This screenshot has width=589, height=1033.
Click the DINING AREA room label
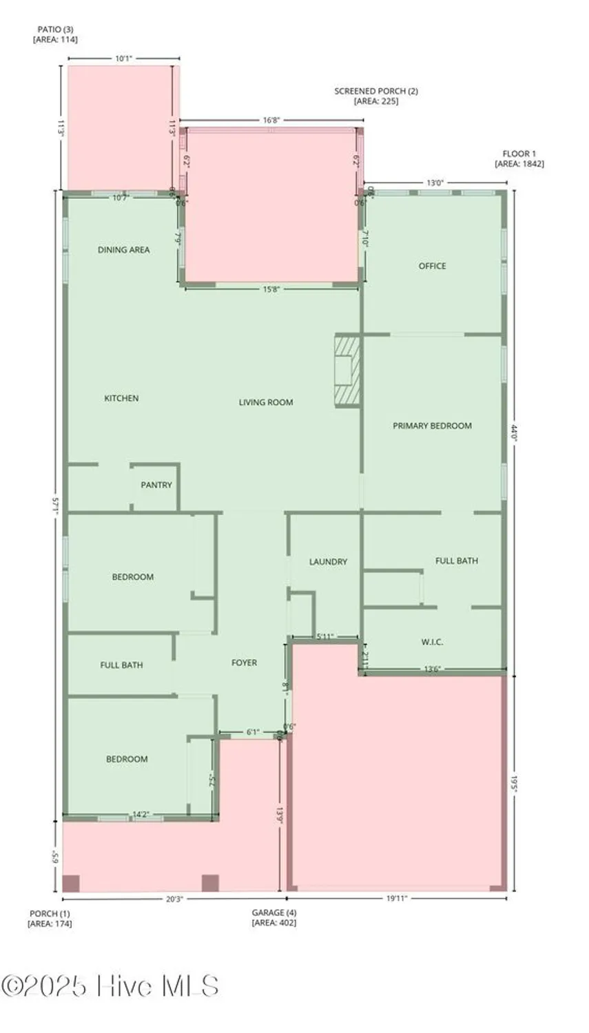[x=123, y=250]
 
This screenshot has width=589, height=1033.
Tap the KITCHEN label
[x=121, y=398]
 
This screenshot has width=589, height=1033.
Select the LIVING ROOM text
[x=266, y=402]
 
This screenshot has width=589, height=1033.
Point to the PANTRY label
[x=156, y=485]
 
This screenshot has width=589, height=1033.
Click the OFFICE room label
[x=433, y=266]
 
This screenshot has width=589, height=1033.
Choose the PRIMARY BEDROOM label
[x=432, y=426]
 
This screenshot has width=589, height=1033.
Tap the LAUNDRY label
[x=328, y=562]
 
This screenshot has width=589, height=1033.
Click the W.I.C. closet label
[x=432, y=642]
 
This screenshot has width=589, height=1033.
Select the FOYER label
[x=244, y=662]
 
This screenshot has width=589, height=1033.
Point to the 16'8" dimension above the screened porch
[x=271, y=120]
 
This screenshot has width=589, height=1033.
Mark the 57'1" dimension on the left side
[x=55, y=506]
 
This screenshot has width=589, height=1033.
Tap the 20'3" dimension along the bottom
[x=174, y=898]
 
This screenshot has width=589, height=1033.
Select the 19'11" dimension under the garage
[x=397, y=898]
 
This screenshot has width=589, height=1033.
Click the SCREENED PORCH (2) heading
[x=376, y=91]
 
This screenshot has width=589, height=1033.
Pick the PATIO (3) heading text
[x=55, y=30]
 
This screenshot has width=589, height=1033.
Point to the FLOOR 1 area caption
[x=519, y=154]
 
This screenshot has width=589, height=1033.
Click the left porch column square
[x=71, y=884]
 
